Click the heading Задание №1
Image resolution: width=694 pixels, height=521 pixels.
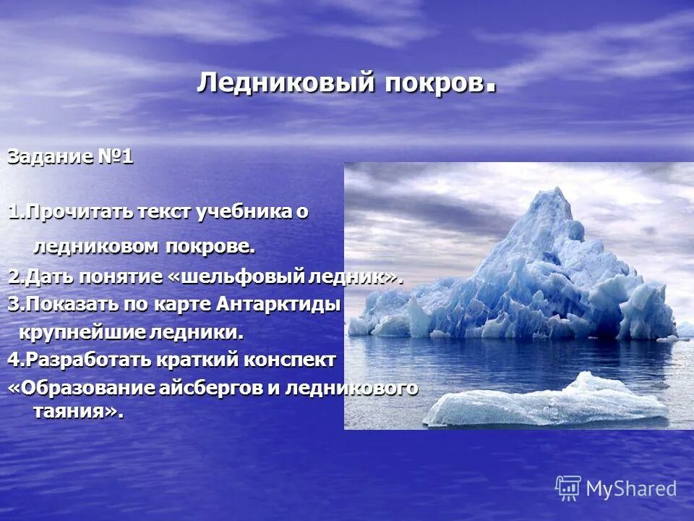pos(70,157)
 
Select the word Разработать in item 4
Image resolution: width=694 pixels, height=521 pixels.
pos(78,360)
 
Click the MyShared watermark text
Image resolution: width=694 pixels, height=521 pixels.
pos(631,488)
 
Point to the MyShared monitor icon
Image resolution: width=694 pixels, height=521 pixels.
pos(568,488)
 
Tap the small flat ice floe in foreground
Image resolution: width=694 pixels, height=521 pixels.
pos(542,402)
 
